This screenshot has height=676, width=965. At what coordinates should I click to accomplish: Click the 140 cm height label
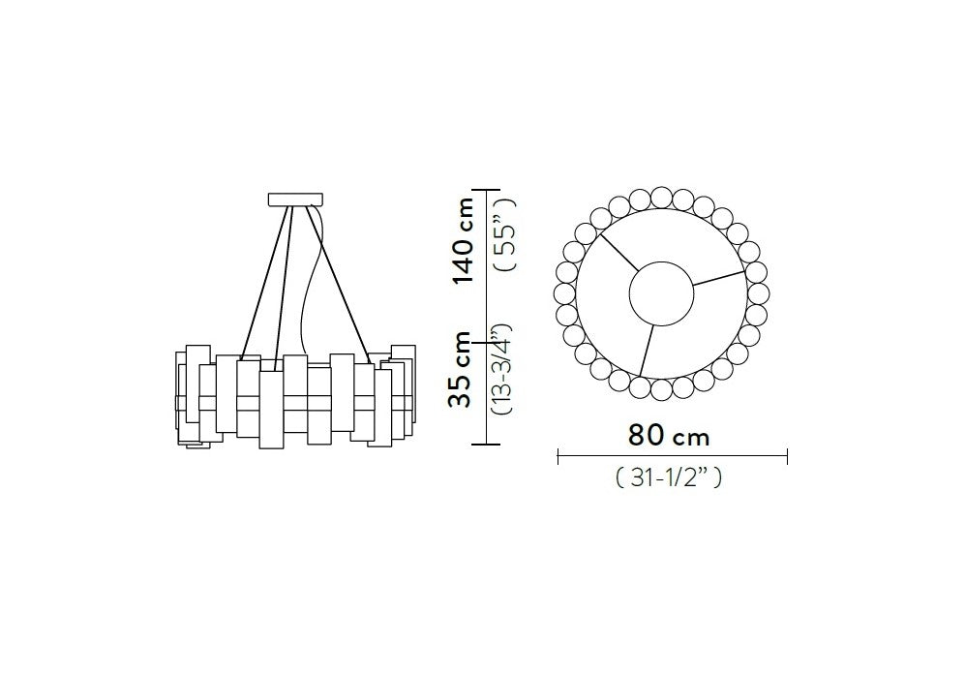click(463, 241)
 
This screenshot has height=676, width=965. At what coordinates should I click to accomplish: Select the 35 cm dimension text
click(461, 370)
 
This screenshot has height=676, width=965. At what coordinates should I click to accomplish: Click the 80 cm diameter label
click(669, 436)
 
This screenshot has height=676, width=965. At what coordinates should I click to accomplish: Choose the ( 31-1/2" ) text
click(669, 477)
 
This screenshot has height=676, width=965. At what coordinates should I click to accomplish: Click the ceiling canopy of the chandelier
click(295, 200)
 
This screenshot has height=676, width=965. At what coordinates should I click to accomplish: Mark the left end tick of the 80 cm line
click(558, 457)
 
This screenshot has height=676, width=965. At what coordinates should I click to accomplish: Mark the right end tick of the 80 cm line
click(787, 457)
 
